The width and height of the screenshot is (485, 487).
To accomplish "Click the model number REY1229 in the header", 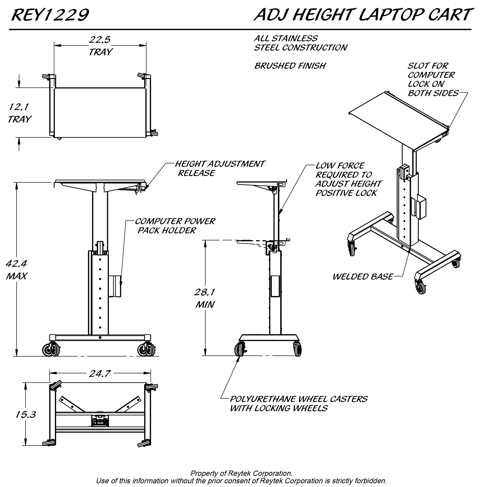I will click(x=50, y=15).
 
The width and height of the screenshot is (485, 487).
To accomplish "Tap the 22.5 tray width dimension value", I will click(x=100, y=40).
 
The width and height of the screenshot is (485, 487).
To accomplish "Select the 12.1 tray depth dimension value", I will click(x=19, y=107).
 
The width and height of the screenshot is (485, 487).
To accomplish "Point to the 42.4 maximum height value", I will click(x=16, y=264).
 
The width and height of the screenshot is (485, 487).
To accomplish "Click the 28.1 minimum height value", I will click(x=205, y=292).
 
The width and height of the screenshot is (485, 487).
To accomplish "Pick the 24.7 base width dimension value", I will click(x=100, y=373).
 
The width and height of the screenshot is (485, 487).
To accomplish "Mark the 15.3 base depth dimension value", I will click(x=25, y=414).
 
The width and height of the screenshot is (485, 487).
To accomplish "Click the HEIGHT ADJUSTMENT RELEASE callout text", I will click(x=220, y=168).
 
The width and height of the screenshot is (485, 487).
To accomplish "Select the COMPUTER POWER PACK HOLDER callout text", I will click(x=175, y=226).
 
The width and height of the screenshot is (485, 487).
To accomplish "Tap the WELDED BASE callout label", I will click(x=363, y=277).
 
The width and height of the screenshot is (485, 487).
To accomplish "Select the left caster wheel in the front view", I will click(x=48, y=350).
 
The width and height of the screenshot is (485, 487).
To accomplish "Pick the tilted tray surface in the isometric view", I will click(x=395, y=121).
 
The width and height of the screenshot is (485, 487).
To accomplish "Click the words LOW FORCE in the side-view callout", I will click(x=340, y=166).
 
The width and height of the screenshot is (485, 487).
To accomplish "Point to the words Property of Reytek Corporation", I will click(x=241, y=473).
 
